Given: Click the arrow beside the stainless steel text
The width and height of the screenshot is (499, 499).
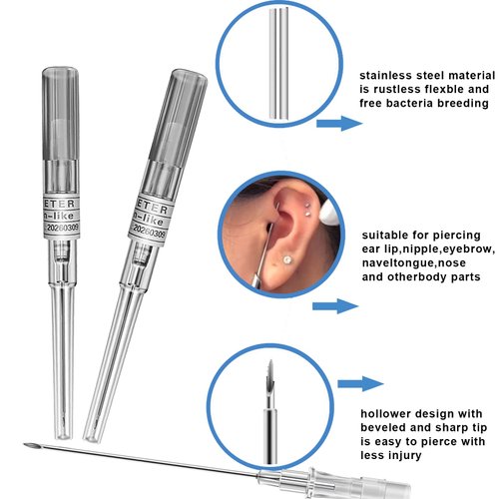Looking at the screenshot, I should coord(340,124).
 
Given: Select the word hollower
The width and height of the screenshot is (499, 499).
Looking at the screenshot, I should coord(393,413).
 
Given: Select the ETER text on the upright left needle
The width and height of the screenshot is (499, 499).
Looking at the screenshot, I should coord(57,196).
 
